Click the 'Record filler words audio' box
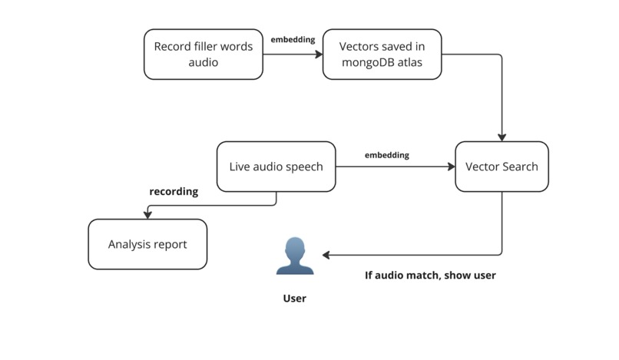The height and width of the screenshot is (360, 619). point(204,54)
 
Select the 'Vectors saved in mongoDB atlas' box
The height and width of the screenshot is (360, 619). point(382,54)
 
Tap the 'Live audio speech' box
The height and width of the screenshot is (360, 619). point(276,167)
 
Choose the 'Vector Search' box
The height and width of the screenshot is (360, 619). point(501,167)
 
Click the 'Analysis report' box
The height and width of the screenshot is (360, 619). point(147,244)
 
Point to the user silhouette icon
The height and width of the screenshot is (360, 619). point(295,256)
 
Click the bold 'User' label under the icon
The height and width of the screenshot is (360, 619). point(295,299)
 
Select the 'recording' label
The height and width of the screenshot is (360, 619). point(173,192)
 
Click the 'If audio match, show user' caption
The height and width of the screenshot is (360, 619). point(429,275)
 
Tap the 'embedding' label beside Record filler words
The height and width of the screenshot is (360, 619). point(293,39)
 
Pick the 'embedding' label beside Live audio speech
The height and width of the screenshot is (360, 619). point(386,155)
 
